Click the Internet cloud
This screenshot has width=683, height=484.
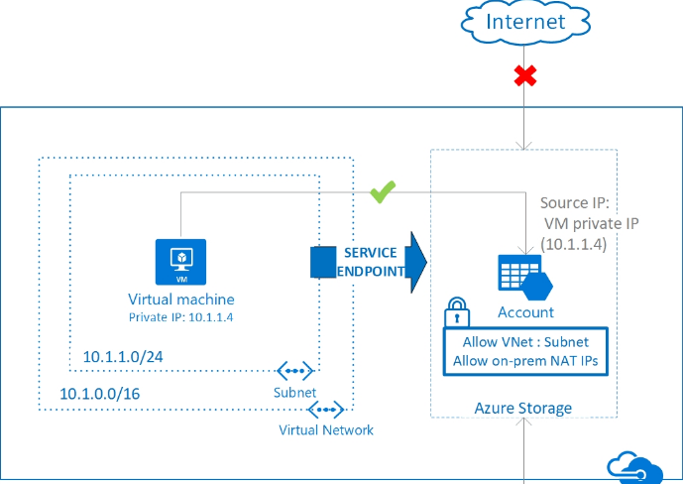point(525,22)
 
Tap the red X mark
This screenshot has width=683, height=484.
point(525,75)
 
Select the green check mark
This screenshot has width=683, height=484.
point(383,192)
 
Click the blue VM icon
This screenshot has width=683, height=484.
point(180,262)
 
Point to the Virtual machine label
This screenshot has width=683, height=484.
point(181,300)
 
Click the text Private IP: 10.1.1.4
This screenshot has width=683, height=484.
point(180,317)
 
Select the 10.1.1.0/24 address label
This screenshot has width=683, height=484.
point(123,357)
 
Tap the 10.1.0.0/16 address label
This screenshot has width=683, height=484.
point(100,394)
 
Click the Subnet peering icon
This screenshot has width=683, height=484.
point(294,371)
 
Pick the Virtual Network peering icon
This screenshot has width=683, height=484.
point(326,410)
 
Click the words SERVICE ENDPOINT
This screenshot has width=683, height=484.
point(371,262)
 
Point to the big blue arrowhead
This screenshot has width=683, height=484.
point(415,262)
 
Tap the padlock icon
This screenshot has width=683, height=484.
point(457,311)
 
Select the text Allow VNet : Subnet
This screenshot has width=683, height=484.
point(525,342)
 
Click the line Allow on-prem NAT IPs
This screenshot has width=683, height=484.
point(525,361)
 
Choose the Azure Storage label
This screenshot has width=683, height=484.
point(523,409)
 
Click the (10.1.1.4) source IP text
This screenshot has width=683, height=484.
point(574,244)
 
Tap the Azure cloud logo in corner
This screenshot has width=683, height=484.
point(635,468)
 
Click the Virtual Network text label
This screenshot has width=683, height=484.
point(326,430)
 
